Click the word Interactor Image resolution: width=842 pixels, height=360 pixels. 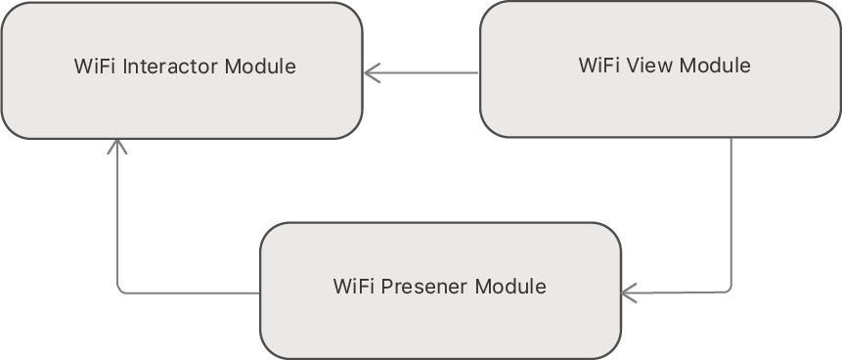(172, 67)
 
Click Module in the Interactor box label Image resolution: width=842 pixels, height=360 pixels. (260, 67)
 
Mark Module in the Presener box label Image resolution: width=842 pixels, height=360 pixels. (510, 287)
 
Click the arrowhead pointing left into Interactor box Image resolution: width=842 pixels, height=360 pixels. (371, 72)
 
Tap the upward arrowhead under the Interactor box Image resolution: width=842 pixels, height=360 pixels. (117, 146)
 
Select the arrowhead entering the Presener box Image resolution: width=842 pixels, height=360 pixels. (629, 292)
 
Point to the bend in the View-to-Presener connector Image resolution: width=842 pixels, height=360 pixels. (730, 290)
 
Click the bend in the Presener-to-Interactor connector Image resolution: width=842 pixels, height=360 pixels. (118, 290)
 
